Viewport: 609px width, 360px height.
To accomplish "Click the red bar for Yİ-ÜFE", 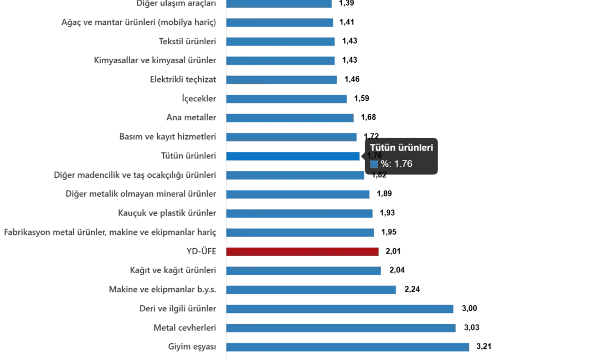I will [x=303, y=251].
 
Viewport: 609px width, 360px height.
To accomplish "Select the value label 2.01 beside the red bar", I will [x=393, y=251].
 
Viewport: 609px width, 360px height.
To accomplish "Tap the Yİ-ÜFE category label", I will [x=202, y=251].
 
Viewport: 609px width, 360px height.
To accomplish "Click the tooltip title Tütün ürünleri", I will [x=401, y=148].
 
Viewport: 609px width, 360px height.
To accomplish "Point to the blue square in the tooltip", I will [x=374, y=164].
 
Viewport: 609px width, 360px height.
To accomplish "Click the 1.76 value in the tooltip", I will [x=402, y=164].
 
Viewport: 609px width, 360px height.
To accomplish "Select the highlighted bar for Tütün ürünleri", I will [x=293, y=156].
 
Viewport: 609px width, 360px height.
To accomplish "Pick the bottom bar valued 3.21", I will [x=348, y=347].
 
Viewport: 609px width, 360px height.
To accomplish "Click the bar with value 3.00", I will [x=340, y=308].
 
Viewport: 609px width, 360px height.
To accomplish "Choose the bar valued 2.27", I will [x=312, y=290].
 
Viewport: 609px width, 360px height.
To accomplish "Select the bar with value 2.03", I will [x=303, y=271].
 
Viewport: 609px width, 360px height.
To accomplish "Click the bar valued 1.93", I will [x=300, y=213].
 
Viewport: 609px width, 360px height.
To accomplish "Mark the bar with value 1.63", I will [x=290, y=118].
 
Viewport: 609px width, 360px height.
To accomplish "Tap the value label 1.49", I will [x=353, y=80].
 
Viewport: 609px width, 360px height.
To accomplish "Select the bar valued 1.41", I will [x=280, y=23].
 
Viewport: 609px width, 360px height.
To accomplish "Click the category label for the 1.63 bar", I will [x=190, y=118].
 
